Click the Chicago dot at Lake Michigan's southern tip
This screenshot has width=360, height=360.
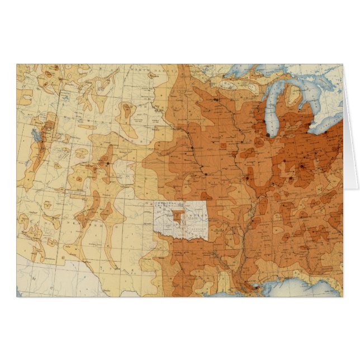[x=268, y=135]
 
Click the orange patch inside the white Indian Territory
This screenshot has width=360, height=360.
[x=178, y=216]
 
